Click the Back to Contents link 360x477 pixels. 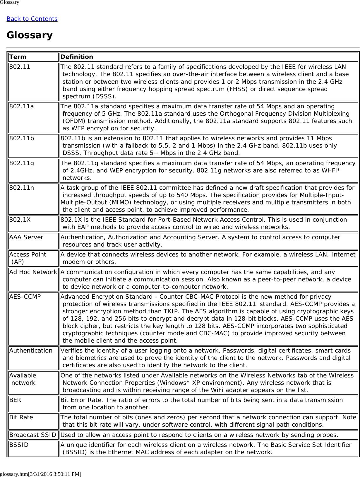32,19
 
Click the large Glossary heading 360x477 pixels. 30,35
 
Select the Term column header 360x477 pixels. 18,57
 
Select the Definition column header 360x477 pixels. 77,57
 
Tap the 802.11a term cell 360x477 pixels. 22,106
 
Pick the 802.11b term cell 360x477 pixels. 22,138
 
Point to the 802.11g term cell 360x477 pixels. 22,163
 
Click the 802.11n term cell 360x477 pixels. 22,188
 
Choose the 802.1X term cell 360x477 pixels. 20,220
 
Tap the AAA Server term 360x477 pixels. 26,237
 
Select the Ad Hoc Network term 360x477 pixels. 33,272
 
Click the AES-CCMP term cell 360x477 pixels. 25,297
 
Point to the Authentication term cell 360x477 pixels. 31,351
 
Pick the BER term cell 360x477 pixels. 15,400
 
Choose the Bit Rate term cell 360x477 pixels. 21,417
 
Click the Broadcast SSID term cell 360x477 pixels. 33,435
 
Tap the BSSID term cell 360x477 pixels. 19,445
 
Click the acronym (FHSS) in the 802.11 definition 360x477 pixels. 237,89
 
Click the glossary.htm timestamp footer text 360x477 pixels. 41,474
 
